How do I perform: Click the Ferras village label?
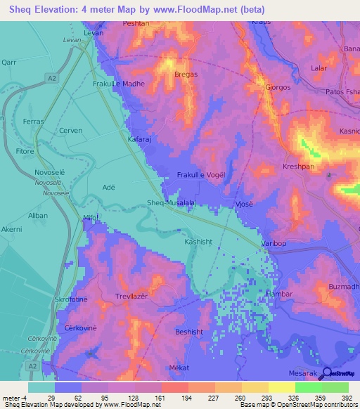pyautogui.click(x=33, y=122)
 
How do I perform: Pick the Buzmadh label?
pyautogui.click(x=344, y=287)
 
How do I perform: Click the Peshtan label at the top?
pyautogui.click(x=135, y=24)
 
